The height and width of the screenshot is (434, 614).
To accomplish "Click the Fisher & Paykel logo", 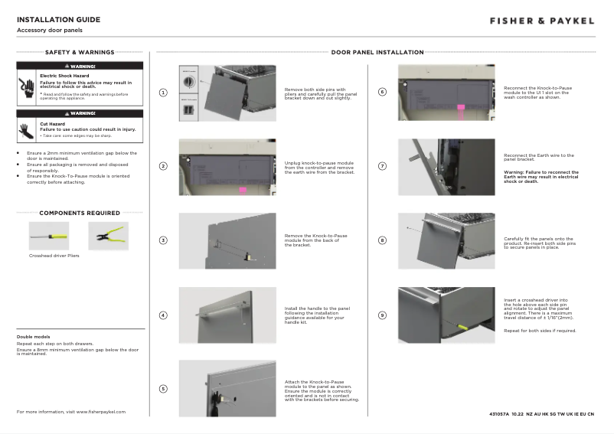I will [541, 21].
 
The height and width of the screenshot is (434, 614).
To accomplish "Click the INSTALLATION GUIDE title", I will [58, 19].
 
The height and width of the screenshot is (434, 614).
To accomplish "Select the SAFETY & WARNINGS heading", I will [80, 53].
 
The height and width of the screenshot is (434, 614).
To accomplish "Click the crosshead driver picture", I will [49, 237].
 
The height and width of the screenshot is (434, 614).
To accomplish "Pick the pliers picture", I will [108, 237].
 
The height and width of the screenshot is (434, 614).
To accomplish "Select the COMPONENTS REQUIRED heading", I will [80, 213].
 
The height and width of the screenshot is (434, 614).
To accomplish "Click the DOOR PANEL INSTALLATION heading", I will [377, 53].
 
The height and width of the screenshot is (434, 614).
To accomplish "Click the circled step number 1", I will [163, 93].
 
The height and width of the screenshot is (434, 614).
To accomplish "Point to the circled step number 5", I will [163, 389].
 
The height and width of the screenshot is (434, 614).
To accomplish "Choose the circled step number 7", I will [383, 166].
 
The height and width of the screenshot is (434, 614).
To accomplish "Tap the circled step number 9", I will [383, 315].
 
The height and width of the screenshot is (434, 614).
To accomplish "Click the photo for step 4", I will [227, 315].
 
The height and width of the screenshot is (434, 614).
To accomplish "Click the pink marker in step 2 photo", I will [242, 189].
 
